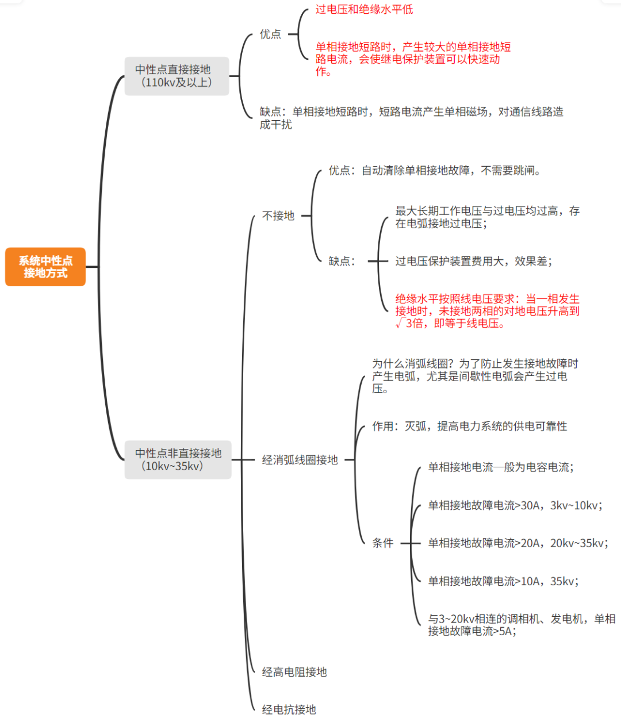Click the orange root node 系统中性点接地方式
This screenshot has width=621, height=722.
pyautogui.click(x=45, y=267)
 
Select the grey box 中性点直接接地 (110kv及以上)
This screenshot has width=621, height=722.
pyautogui.click(x=177, y=76)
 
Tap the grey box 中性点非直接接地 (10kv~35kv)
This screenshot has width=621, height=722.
pyautogui.click(x=178, y=459)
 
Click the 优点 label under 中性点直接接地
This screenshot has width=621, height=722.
pyautogui.click(x=270, y=34)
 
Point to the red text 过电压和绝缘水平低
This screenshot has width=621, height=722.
pyautogui.click(x=364, y=9)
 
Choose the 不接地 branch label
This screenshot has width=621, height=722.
pyautogui.click(x=278, y=216)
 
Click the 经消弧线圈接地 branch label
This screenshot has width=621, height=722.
pyautogui.click(x=300, y=460)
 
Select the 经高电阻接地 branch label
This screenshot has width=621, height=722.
pyautogui.click(x=294, y=672)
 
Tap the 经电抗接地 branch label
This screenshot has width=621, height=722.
pyautogui.click(x=289, y=710)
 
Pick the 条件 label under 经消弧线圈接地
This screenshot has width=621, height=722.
pyautogui.click(x=383, y=543)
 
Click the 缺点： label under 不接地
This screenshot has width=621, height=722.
pyautogui.click(x=343, y=261)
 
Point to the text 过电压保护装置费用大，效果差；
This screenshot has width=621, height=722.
pyautogui.click(x=474, y=261)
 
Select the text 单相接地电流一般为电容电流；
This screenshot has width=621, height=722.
pyautogui.click(x=501, y=467)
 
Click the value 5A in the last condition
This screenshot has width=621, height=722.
pyautogui.click(x=505, y=631)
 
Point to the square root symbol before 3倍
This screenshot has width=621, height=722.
pyautogui.click(x=400, y=324)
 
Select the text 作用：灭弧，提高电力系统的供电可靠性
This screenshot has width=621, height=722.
pyautogui.click(x=469, y=426)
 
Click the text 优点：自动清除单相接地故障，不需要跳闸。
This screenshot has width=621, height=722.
pyautogui.click(x=435, y=171)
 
